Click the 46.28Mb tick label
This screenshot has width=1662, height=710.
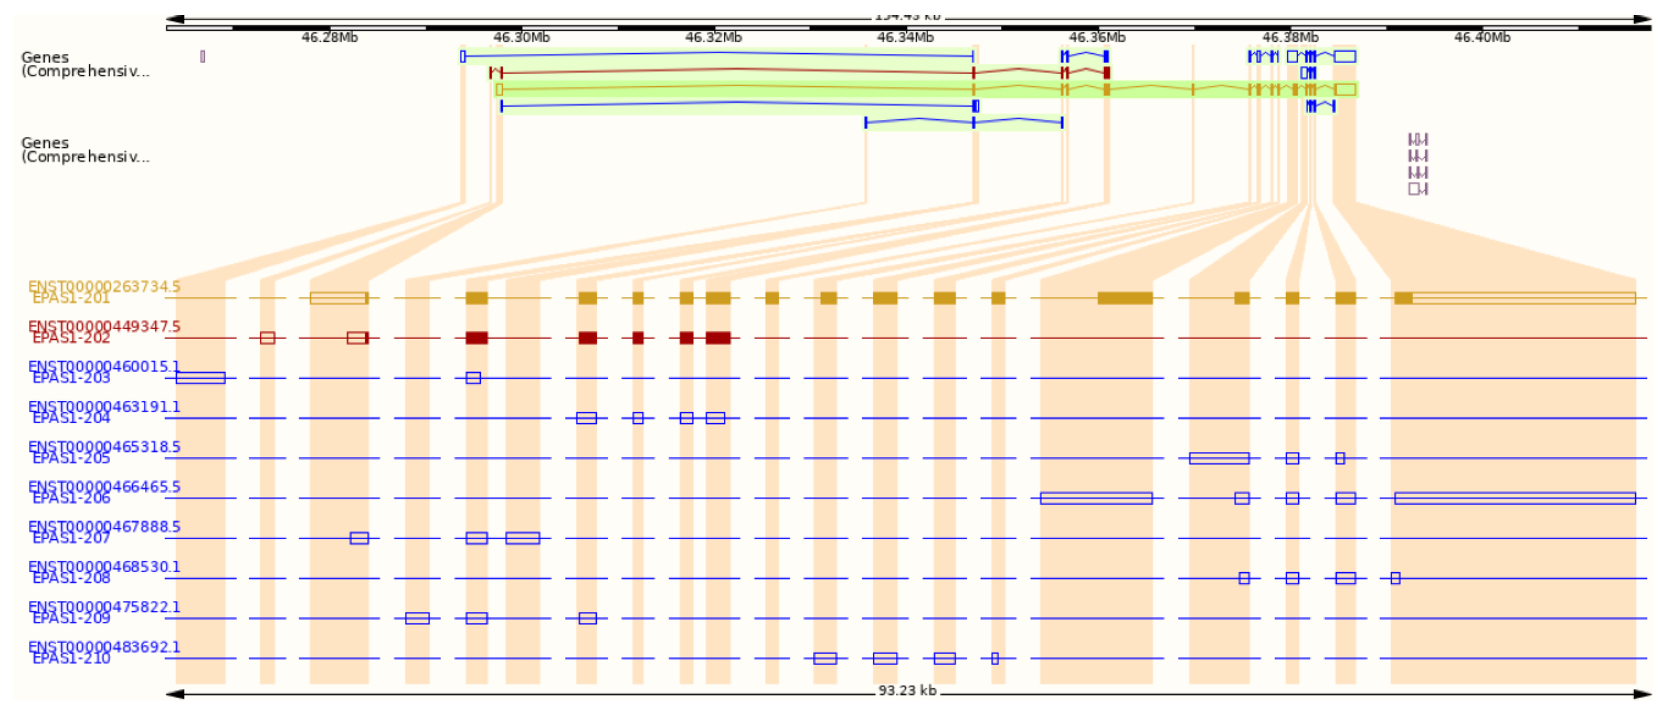pyautogui.click(x=329, y=37)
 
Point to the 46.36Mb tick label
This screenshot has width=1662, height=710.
pyautogui.click(x=1097, y=37)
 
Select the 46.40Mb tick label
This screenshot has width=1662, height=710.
pyautogui.click(x=1482, y=37)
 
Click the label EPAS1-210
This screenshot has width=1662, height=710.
pyautogui.click(x=71, y=658)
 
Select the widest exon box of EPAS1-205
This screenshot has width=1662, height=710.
pyautogui.click(x=1218, y=458)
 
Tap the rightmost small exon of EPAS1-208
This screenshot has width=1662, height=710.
pyautogui.click(x=1395, y=578)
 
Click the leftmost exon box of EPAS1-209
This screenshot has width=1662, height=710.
pyautogui.click(x=417, y=618)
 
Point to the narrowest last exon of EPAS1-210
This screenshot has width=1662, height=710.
pyautogui.click(x=994, y=658)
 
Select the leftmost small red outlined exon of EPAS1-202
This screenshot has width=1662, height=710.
pyautogui.click(x=267, y=338)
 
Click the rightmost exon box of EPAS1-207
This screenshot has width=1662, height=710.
pyautogui.click(x=522, y=538)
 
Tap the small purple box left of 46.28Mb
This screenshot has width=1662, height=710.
pyautogui.click(x=203, y=57)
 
